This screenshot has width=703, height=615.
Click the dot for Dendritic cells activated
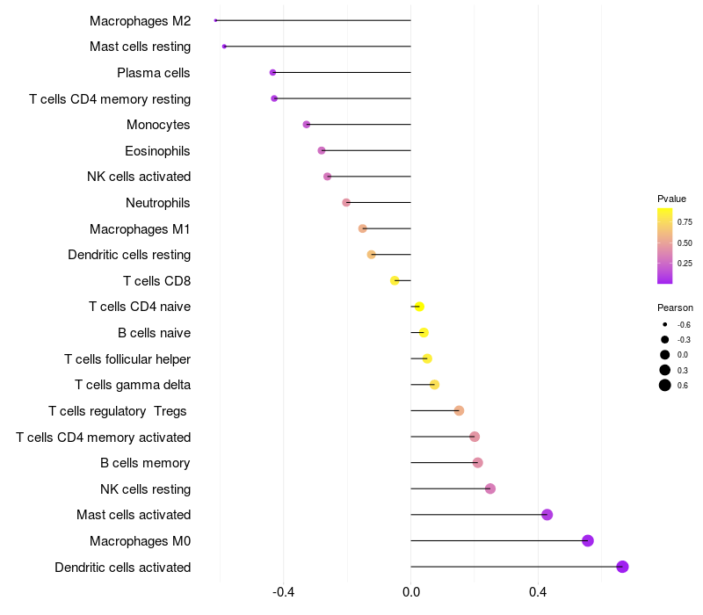(622, 567)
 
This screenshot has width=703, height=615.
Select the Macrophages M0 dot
(588, 540)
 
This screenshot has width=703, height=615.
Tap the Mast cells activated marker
(547, 515)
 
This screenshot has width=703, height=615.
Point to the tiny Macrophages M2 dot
(215, 20)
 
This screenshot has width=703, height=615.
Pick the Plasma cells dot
(272, 72)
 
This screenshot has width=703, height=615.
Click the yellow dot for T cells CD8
(395, 280)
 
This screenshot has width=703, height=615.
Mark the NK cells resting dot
(490, 488)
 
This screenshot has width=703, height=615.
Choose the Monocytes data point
(307, 125)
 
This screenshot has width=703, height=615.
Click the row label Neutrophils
(158, 203)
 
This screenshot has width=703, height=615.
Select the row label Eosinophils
(157, 151)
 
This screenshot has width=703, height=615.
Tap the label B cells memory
(145, 463)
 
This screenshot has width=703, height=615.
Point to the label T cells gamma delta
(133, 385)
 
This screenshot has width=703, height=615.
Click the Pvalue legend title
(671, 199)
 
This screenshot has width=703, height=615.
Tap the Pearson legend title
(675, 307)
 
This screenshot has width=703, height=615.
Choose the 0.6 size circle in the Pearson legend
(665, 385)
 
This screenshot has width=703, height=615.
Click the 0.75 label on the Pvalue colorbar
(685, 222)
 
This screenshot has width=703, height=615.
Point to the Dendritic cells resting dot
(371, 255)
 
